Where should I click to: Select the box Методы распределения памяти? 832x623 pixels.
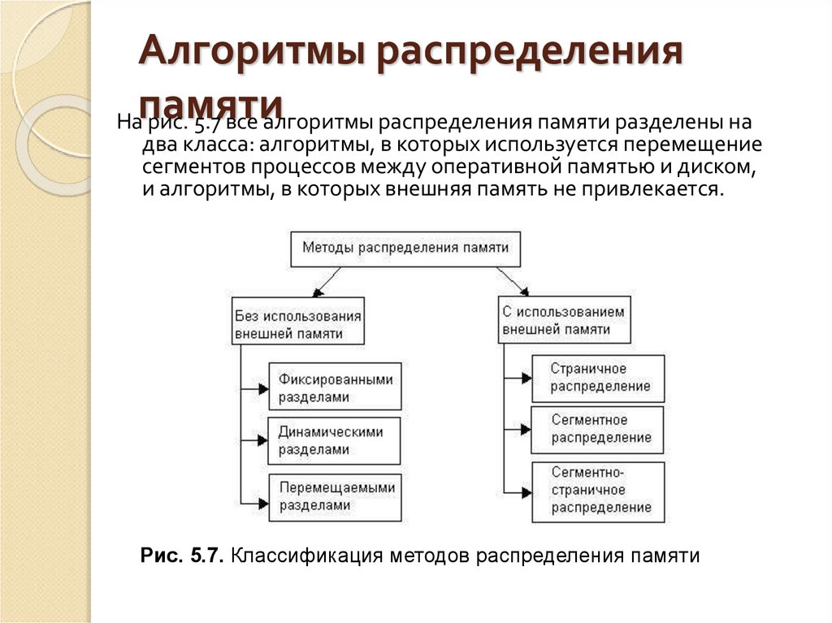coord(405,248)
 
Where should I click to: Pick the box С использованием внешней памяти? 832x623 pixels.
coord(564,320)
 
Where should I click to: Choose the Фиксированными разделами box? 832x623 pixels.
coord(335,387)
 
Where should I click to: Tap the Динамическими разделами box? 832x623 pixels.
coord(335,440)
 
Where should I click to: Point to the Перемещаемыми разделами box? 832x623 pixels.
coord(335,495)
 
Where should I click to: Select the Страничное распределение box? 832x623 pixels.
coord(598,378)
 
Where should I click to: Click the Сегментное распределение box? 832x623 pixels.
coord(598,430)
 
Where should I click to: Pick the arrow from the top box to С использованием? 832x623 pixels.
coord(513,281)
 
